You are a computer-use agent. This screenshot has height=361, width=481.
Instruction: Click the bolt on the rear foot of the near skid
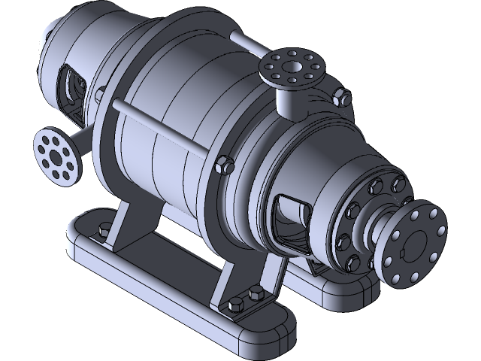(104, 226)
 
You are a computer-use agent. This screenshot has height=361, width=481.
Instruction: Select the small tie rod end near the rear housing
(99, 94)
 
